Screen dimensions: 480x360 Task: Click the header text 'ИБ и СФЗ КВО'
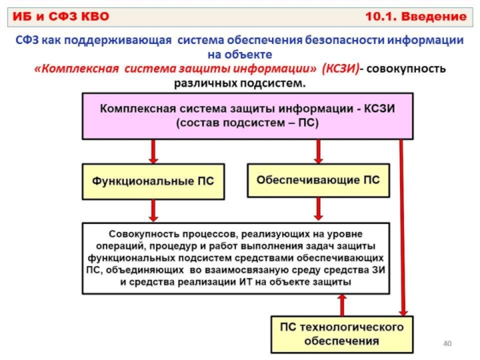61,16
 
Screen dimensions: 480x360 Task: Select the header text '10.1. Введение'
416,16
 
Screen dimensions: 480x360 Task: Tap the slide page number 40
447,343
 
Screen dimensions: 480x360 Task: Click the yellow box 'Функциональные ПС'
153,181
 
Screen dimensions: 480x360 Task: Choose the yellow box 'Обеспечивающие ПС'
319,180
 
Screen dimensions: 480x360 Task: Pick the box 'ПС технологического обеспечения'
342,334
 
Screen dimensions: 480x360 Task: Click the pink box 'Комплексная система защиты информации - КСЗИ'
248,116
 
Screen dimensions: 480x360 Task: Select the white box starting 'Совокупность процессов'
236,259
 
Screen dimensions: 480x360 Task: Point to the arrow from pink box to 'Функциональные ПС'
154,152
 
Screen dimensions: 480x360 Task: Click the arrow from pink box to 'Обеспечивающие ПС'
319,152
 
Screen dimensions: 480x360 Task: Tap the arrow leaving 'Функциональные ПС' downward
154,211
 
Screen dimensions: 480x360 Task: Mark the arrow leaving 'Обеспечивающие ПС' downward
319,209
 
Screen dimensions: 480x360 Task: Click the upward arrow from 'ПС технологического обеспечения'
342,305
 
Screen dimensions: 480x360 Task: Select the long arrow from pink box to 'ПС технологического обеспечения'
402,228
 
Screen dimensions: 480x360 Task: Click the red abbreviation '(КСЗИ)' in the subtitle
340,68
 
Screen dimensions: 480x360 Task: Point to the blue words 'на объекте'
239,55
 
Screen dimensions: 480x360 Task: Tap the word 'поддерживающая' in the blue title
118,40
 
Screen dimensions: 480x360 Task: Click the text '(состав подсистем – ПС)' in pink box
247,123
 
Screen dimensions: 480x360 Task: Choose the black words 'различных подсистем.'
239,83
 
